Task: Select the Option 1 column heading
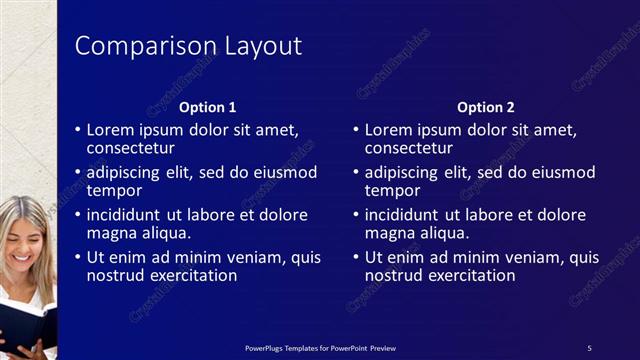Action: (207, 107)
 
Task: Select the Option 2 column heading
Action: (485, 107)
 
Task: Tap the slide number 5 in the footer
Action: (589, 347)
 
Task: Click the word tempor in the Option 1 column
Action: (114, 190)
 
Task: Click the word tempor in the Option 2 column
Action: (392, 190)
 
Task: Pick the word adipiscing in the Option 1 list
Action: (127, 172)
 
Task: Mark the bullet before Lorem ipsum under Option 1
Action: (78, 131)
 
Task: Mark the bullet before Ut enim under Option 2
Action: (356, 258)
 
